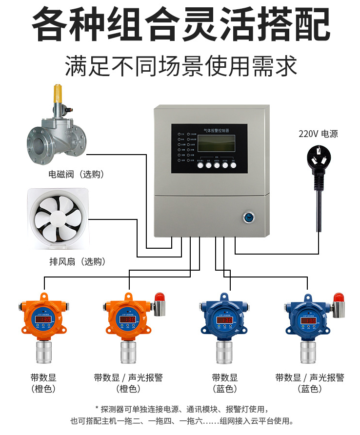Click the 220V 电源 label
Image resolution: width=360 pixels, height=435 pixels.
[318, 134]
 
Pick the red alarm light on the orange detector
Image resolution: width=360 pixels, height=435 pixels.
[159, 296]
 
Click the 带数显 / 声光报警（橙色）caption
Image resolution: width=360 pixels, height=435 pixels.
[128, 383]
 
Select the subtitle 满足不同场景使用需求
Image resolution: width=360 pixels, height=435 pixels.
[180, 65]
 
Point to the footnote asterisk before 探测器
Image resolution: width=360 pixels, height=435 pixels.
[97, 409]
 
